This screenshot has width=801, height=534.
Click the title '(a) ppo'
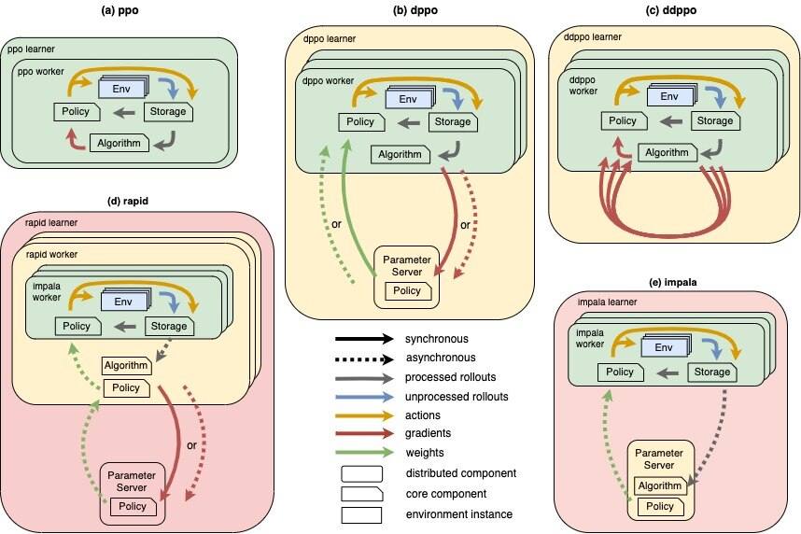(120, 10)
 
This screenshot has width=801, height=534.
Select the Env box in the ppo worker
(122, 88)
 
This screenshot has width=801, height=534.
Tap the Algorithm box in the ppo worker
(119, 143)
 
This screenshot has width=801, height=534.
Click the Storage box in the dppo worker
(453, 121)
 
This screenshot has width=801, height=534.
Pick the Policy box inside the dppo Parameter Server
(408, 290)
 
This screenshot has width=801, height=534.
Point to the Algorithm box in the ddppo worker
(667, 152)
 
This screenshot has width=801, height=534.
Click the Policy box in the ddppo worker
(624, 120)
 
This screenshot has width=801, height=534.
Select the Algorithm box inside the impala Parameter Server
(660, 485)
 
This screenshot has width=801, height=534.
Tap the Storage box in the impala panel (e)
(712, 372)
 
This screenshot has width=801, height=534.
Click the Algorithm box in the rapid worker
(127, 365)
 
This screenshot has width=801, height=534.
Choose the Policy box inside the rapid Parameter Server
(133, 506)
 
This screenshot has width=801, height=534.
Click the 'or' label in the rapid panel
(191, 445)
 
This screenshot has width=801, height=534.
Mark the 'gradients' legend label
(429, 433)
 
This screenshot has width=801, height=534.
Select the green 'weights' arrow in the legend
(364, 452)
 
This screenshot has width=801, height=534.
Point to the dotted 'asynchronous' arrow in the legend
(364, 358)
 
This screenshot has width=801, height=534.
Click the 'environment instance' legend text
(458, 514)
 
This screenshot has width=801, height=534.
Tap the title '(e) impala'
(672, 282)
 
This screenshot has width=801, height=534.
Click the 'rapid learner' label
(51, 223)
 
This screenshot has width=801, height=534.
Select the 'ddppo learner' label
(593, 36)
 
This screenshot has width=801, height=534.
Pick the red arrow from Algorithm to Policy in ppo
(75, 141)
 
